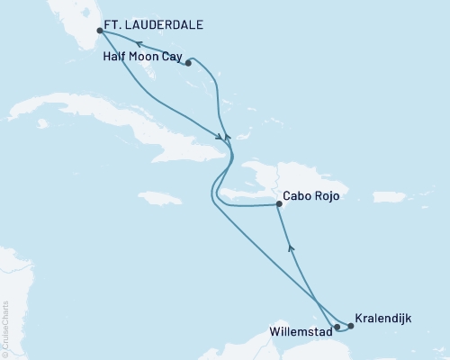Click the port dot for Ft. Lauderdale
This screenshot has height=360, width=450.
point(100,31)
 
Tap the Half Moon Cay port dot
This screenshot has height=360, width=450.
point(188,63)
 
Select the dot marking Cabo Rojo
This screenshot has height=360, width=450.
point(280,205)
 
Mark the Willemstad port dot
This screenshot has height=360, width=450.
point(337,328)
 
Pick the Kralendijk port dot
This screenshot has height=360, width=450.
point(350,328)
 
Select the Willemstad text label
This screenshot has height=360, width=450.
point(300,339)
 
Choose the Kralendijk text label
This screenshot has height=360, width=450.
point(386,319)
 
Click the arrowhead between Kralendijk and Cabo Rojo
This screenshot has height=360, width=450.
point(289,243)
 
